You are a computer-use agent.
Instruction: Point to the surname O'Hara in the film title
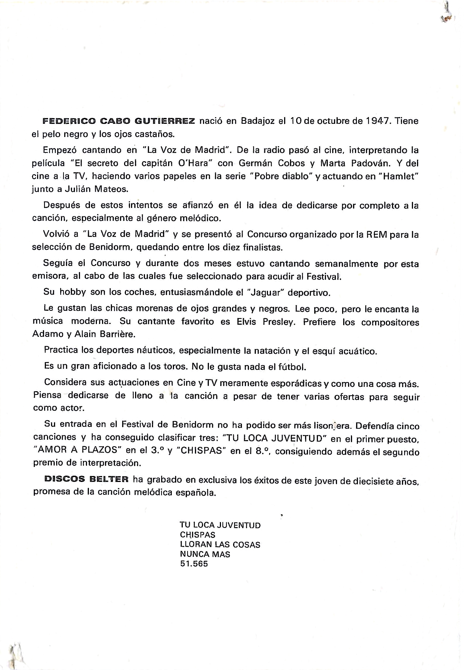(193, 163)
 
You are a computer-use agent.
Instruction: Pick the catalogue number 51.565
(194, 564)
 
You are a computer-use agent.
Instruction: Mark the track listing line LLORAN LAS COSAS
(220, 544)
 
